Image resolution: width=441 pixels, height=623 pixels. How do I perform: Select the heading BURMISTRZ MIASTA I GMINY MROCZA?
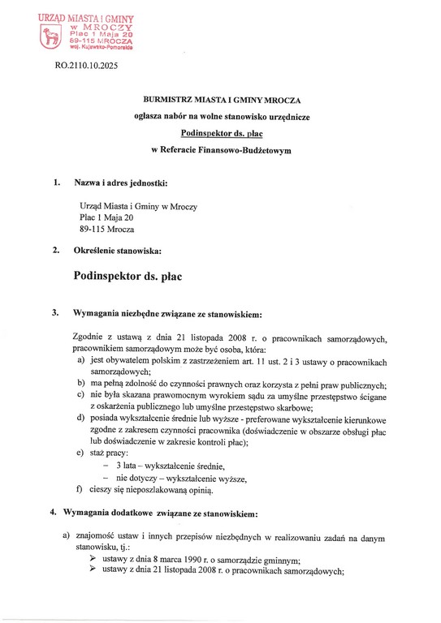220,99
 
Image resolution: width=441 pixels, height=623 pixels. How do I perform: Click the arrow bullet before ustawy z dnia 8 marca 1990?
93,559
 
